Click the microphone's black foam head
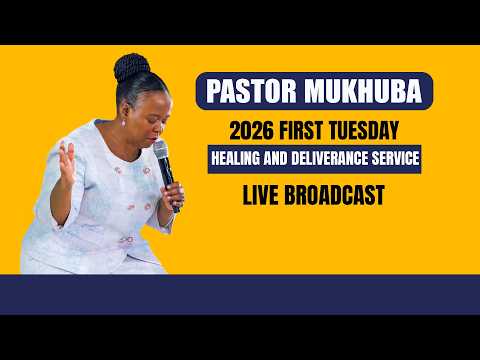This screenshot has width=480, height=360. coord(161,151)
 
